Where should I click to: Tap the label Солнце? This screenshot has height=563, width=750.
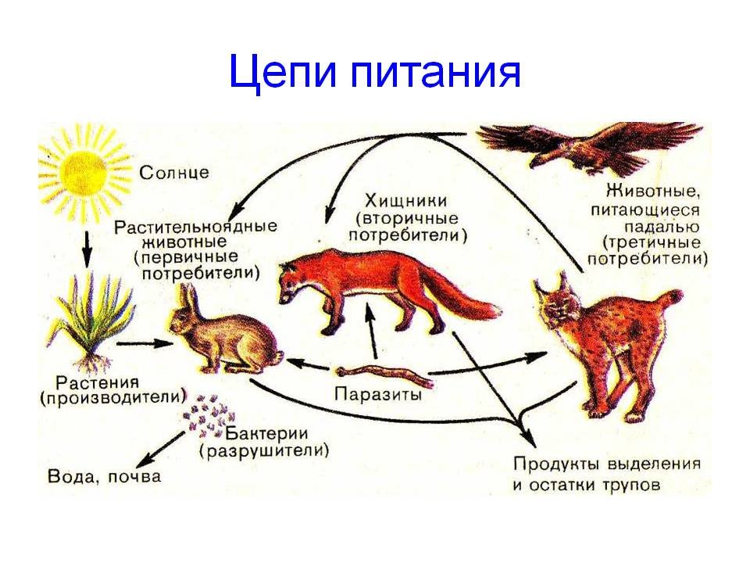pyautogui.click(x=174, y=172)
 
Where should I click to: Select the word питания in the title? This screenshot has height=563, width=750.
pyautogui.click(x=435, y=73)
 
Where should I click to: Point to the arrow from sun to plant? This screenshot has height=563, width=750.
pyautogui.click(x=87, y=249)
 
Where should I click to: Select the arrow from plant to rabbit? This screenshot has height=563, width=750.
pyautogui.click(x=144, y=343)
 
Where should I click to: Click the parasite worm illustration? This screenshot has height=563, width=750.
pyautogui.click(x=385, y=376)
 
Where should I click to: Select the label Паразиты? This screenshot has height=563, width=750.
pyautogui.click(x=378, y=394)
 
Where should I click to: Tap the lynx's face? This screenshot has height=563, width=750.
pyautogui.click(x=557, y=306)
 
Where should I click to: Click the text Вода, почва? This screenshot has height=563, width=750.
pyautogui.click(x=104, y=476)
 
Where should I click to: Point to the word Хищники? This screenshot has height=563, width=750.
pyautogui.click(x=406, y=201)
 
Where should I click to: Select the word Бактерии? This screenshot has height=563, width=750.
pyautogui.click(x=266, y=434)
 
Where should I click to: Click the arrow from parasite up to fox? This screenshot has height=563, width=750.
pyautogui.click(x=371, y=331)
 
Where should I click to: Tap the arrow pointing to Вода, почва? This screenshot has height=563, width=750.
pyautogui.click(x=160, y=449)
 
